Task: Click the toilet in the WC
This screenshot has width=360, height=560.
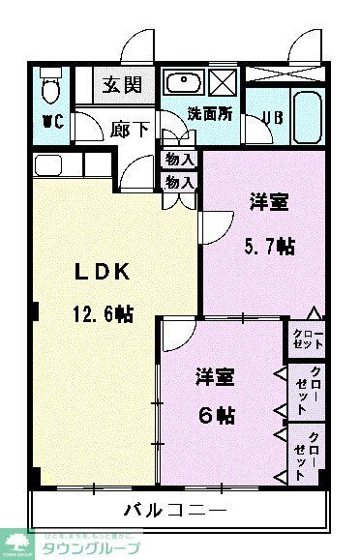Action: coord(51,88)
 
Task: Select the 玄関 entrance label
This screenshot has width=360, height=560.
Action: coord(124,84)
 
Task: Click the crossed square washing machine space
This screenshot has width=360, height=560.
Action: coord(224,81)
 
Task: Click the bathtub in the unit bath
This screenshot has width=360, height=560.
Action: coord(307,118)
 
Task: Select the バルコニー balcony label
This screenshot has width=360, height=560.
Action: coord(175,509)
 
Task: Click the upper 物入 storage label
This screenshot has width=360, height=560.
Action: coord(179,160)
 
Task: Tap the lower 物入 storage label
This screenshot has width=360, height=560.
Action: coord(179,181)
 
